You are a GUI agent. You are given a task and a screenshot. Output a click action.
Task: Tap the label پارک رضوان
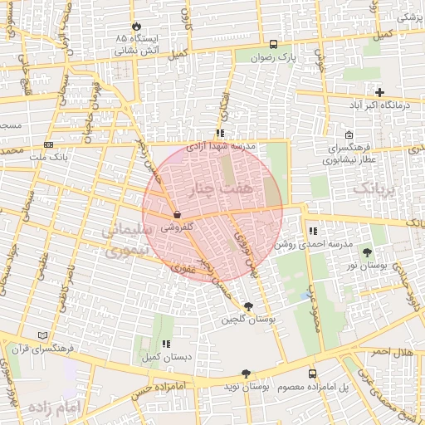tap(274, 57)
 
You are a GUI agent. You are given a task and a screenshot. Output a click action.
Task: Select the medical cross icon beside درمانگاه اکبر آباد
tap(380, 92)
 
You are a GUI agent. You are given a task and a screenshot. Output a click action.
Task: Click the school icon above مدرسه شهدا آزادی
tap(219, 133)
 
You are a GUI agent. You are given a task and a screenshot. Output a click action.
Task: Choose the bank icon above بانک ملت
tap(47, 145)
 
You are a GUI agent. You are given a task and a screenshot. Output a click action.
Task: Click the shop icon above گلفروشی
tap(178, 214)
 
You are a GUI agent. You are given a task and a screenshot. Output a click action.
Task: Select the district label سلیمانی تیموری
tap(124, 238)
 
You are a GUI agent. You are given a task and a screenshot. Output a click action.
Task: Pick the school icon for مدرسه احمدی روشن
tap(312, 232)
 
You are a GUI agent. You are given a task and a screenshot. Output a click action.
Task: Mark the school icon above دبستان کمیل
tap(166, 344)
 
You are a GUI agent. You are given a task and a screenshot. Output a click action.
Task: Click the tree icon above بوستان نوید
tap(245, 374)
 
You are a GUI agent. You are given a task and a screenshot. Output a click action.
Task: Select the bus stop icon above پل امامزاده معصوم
tap(312, 374)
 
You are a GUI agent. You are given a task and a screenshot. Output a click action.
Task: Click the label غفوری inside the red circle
tap(183, 268)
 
